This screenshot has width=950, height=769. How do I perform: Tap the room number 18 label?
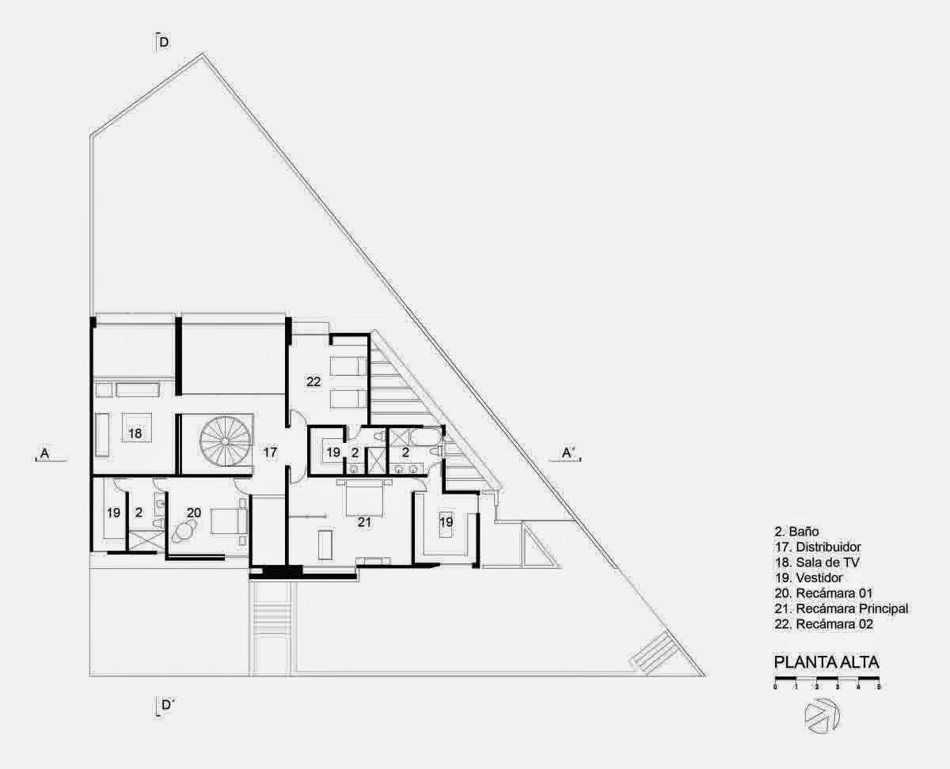135,433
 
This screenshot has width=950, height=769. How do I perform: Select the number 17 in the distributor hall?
270,453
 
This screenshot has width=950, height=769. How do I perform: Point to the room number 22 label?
313,381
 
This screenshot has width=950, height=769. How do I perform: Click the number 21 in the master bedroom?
364,522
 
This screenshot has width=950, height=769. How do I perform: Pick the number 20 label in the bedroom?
194,513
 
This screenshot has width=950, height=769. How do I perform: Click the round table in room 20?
183,532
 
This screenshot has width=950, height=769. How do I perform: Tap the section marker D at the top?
163,42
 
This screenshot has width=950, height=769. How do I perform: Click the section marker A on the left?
44,453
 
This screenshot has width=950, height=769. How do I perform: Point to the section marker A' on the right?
568,453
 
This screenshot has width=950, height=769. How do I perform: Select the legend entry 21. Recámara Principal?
842,608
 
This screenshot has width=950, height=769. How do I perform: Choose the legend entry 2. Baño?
796,532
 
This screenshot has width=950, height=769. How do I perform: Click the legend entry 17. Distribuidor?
818,547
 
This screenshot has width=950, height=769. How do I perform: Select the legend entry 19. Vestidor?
808,578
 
